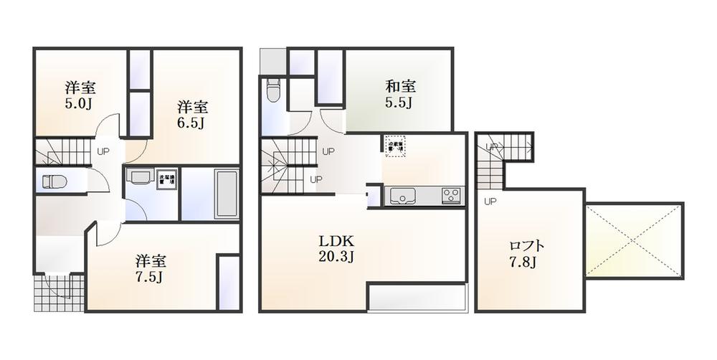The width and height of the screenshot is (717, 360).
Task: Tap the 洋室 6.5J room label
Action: (x=192, y=115)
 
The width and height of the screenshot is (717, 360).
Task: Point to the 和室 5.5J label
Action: (x=400, y=95)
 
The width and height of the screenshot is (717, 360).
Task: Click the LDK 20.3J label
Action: (x=336, y=248)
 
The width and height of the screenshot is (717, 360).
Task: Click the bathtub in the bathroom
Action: (x=226, y=194)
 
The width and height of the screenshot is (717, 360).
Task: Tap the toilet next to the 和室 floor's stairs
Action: (x=272, y=92)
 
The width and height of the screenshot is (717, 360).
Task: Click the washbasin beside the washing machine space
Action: (x=139, y=176)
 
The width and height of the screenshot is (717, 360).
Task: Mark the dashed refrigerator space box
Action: (x=395, y=146)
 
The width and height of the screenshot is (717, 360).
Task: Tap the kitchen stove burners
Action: (x=451, y=195)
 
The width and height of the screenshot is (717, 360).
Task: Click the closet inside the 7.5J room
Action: (x=228, y=283)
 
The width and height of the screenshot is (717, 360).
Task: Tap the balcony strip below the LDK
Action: (x=417, y=297)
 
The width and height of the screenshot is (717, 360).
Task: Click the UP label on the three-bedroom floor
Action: (x=103, y=151)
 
